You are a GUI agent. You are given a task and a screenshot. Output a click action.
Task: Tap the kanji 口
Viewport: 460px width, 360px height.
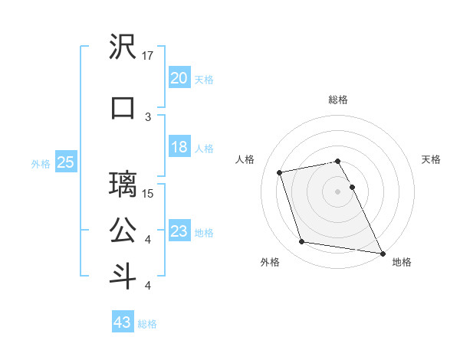coord(123,107)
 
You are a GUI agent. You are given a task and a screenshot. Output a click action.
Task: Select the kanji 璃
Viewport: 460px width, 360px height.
coord(123,185)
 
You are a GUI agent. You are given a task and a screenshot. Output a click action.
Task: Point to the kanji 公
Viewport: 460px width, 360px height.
coord(123,230)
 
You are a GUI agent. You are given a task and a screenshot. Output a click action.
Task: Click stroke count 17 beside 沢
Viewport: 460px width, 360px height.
coord(148,56)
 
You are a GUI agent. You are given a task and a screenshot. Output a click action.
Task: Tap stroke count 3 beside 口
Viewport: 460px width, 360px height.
coord(148,116)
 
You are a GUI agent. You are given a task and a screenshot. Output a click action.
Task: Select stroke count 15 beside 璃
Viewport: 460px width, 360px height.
coord(148,193)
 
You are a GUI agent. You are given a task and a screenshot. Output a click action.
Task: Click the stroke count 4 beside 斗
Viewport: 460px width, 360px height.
coord(148,286)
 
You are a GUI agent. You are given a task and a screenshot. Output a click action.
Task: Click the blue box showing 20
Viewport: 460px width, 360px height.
coord(179,77)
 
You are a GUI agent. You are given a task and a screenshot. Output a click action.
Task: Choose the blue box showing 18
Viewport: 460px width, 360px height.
coord(179,147)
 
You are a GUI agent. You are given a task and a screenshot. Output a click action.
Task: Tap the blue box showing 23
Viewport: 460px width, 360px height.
coord(179,231)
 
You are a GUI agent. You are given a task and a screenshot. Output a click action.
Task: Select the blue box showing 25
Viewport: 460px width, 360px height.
coord(66,162)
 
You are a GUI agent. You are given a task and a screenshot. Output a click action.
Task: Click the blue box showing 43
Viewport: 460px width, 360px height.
coord(123,322)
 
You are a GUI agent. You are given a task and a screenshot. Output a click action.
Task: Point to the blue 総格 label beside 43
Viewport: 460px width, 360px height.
coord(147,324)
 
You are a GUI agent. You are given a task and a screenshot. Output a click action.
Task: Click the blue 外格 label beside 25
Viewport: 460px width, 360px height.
coord(41,162)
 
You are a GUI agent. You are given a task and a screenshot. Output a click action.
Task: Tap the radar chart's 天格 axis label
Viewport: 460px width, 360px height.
coord(432,159)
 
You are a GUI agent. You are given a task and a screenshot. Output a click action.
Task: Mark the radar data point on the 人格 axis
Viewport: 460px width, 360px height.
coord(280,172)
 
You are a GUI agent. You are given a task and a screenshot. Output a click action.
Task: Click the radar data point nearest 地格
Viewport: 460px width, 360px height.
coord(382,252)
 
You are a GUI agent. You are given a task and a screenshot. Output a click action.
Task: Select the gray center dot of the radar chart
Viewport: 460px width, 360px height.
coord(337,191)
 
